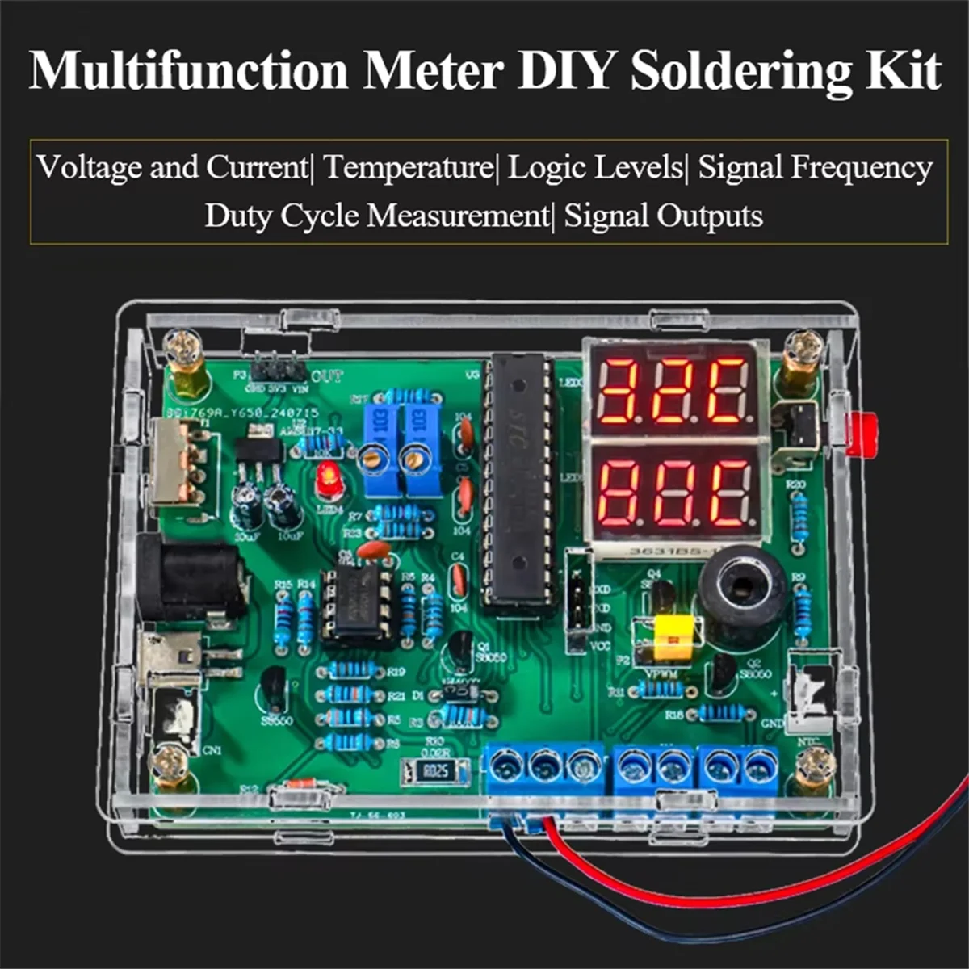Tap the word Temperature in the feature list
coord(407,168)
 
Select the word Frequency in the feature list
coord(861,168)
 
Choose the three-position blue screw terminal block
coord(544,767)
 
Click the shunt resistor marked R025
coord(435,772)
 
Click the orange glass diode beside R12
coord(300,785)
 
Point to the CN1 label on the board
coord(212,750)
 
